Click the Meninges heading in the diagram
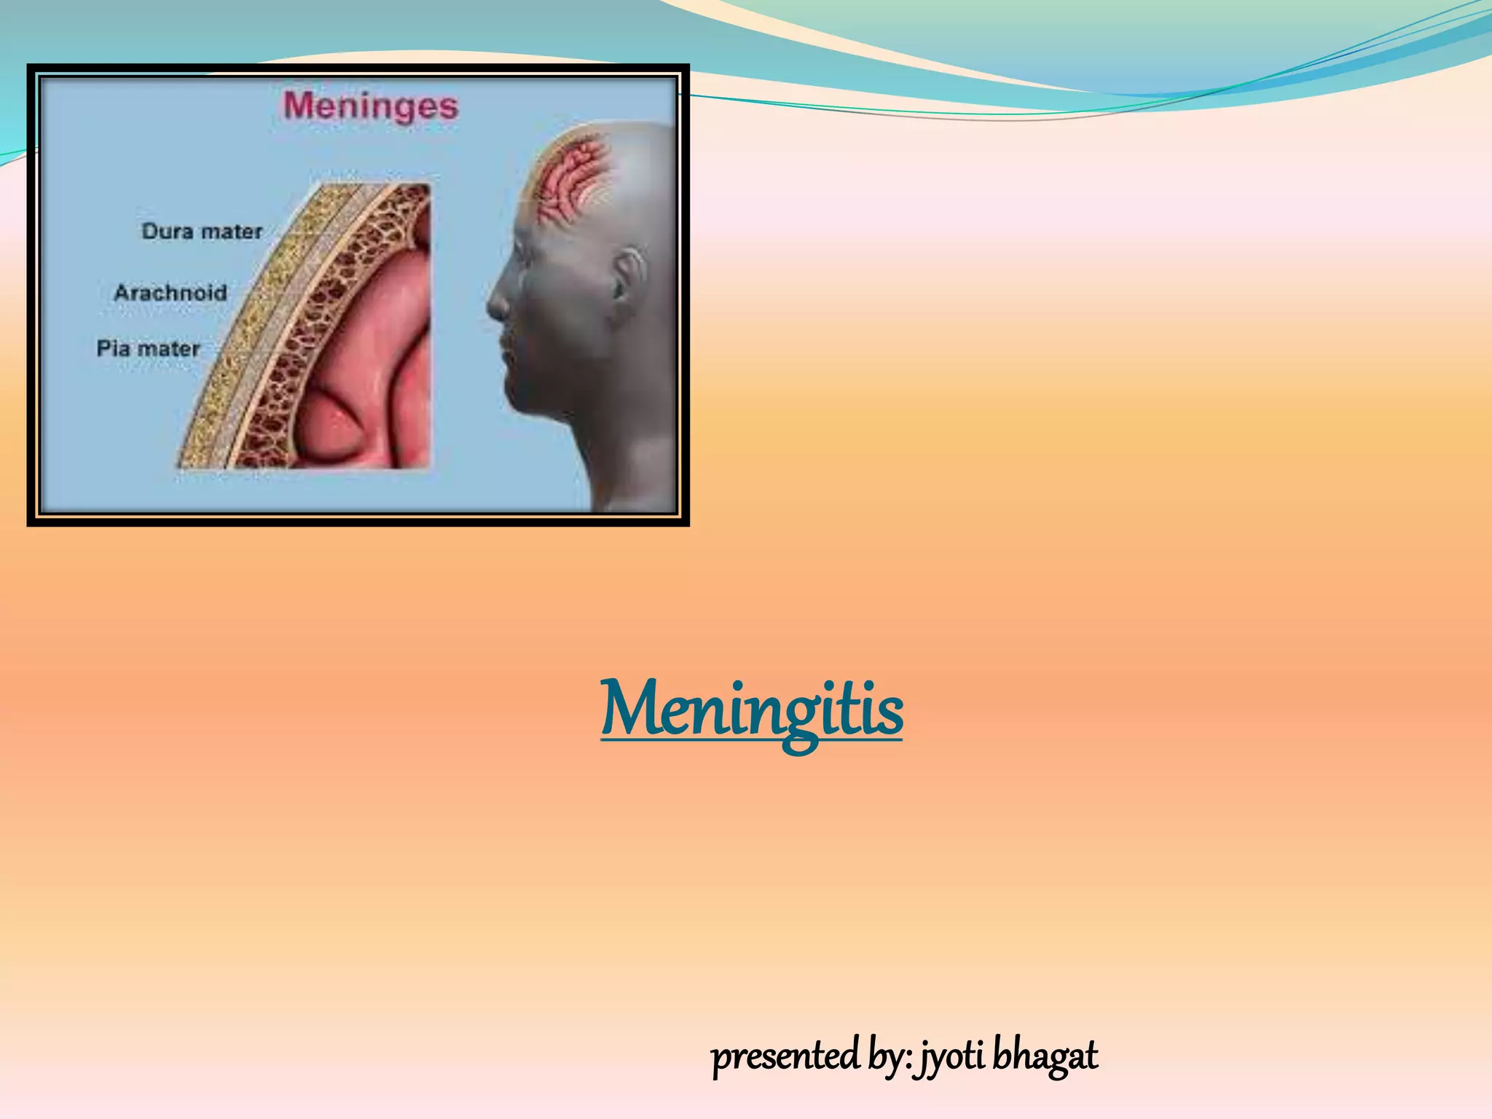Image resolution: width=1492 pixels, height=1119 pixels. (371, 107)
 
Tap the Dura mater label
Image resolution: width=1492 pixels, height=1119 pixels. (202, 232)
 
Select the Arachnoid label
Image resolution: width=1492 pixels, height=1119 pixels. (170, 293)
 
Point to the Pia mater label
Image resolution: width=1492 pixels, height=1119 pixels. (148, 349)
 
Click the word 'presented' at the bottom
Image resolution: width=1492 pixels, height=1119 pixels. (785, 1056)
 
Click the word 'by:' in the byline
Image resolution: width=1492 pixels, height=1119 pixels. (890, 1056)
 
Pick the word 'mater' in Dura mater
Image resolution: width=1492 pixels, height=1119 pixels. (231, 232)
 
